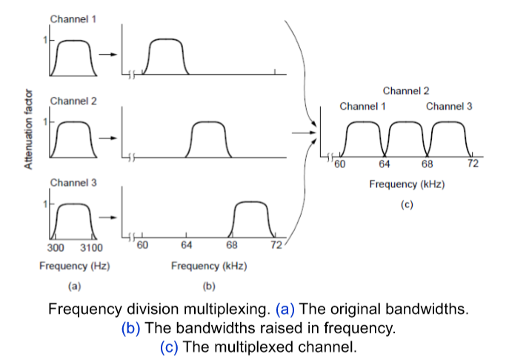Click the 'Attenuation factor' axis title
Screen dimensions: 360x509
point(29,129)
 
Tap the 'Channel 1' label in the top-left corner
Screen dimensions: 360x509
point(73,19)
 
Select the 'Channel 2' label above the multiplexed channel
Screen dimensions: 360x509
point(405,91)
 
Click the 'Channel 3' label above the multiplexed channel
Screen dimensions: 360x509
point(449,107)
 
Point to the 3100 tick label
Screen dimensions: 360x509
point(92,247)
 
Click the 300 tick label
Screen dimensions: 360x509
point(56,247)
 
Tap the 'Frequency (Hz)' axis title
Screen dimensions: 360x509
point(74,265)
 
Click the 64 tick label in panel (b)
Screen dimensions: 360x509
point(186,245)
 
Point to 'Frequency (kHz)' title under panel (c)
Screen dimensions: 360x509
point(407,184)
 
